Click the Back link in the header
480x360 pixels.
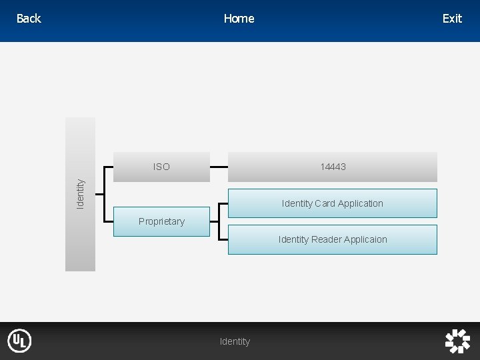(29, 19)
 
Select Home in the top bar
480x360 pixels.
(239, 19)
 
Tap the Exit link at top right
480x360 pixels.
(452, 19)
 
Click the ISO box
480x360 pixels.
(161, 167)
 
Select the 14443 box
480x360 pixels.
(333, 167)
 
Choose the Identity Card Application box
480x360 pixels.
(333, 203)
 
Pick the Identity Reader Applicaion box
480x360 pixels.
(333, 239)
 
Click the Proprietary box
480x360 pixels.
(161, 221)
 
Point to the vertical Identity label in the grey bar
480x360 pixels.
(80, 193)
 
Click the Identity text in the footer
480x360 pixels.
(235, 341)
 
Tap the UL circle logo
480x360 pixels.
(19, 341)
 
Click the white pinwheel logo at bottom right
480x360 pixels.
(457, 341)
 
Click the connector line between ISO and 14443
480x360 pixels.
(219, 167)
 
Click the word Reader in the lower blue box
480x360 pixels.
(326, 239)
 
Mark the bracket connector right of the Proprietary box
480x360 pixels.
(219, 221)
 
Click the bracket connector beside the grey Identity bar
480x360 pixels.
(99, 193)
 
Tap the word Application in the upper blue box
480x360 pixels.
(361, 203)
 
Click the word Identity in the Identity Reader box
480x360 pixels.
(293, 239)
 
